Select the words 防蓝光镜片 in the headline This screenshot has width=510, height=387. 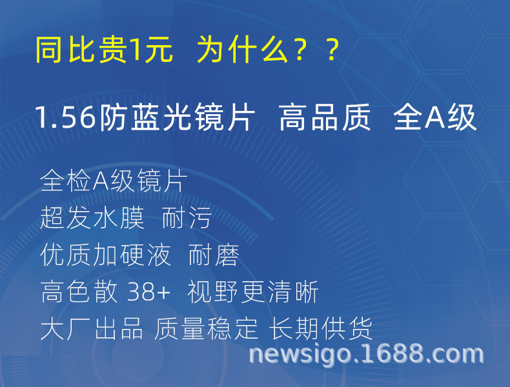(x=177, y=119)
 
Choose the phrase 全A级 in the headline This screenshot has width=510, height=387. (x=435, y=119)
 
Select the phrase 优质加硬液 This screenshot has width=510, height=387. (x=105, y=255)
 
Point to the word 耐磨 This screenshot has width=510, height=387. (x=214, y=255)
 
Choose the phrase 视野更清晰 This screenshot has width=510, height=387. (x=253, y=293)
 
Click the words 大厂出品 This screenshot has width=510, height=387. (x=92, y=330)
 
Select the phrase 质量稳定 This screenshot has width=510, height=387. (x=207, y=330)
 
